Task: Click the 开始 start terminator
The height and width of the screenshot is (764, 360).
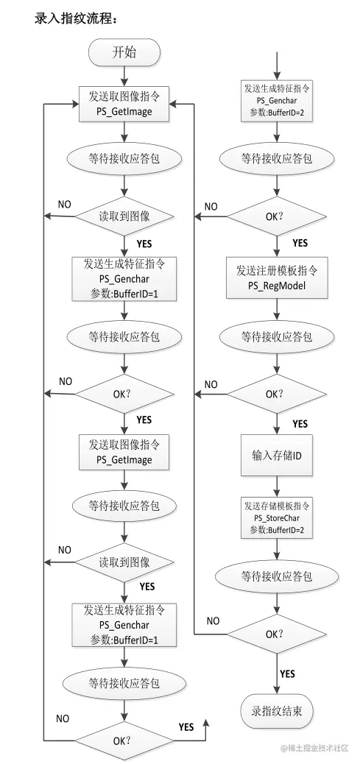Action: click(x=124, y=52)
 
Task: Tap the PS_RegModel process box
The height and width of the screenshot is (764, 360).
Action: click(x=278, y=277)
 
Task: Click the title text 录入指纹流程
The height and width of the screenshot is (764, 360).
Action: click(x=76, y=18)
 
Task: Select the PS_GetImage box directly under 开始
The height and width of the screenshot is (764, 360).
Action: click(x=124, y=105)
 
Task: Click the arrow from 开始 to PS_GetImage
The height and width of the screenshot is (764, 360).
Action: click(x=124, y=76)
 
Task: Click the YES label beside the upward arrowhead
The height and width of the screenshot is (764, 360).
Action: click(x=186, y=727)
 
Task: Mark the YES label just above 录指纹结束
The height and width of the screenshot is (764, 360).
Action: click(x=287, y=674)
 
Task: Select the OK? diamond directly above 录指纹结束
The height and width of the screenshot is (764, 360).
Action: click(x=278, y=634)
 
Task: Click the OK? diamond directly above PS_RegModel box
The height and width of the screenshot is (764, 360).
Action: click(x=278, y=216)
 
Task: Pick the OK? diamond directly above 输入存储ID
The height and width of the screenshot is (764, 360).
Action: click(x=278, y=394)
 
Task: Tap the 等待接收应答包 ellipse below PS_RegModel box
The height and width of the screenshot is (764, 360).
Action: click(x=277, y=336)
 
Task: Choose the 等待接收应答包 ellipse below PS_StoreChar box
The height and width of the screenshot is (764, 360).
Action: click(x=277, y=576)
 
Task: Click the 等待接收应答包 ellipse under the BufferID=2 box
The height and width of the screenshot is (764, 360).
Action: click(x=277, y=158)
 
